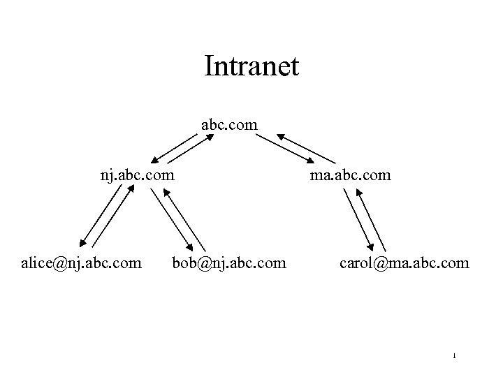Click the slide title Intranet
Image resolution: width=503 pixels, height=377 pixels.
251,67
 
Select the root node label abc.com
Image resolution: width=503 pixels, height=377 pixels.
229,125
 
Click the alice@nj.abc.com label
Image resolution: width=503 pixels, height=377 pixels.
82,263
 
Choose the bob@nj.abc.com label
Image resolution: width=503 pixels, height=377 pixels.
229,263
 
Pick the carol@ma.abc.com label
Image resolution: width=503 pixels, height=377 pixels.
404,263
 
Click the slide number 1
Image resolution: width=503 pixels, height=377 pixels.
454,357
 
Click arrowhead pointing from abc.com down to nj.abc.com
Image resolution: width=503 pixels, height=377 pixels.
154,159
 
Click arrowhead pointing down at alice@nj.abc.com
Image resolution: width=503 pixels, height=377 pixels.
83,244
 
